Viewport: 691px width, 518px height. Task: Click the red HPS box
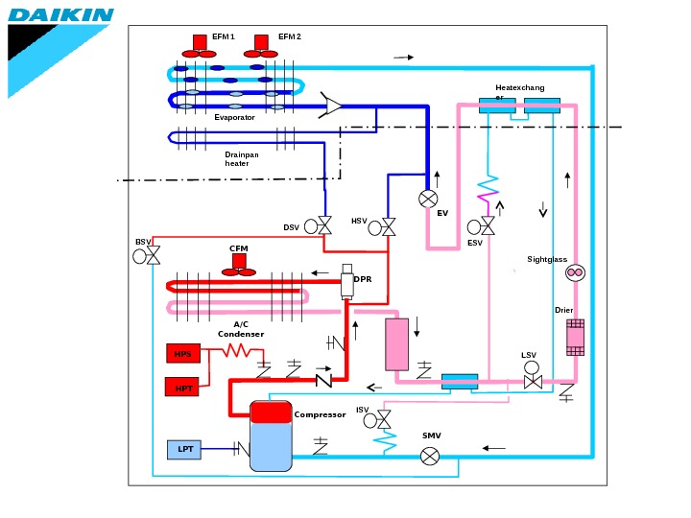click(182, 354)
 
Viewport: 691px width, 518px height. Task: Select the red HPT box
click(182, 388)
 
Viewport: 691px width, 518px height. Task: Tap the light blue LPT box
click(185, 449)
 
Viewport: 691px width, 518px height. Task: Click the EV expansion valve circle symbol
click(428, 199)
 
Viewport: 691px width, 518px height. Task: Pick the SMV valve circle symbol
click(431, 457)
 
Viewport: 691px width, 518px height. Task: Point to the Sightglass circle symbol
click(575, 273)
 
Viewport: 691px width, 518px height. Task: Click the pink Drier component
click(575, 337)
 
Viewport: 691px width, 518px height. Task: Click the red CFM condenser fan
click(238, 266)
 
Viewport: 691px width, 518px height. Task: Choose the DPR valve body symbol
click(347, 283)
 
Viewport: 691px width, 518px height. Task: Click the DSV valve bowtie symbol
click(324, 226)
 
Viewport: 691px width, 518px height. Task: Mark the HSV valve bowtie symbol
click(388, 227)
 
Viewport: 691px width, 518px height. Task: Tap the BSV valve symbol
click(154, 256)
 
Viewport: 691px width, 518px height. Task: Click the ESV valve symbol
click(488, 226)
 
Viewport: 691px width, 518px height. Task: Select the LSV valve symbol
click(532, 382)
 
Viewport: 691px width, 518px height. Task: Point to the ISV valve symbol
click(384, 419)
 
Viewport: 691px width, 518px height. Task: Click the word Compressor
click(320, 415)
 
